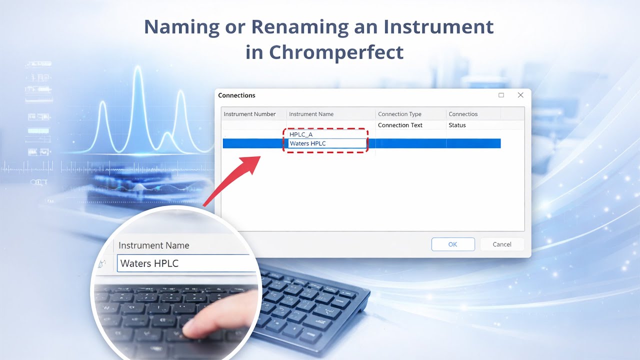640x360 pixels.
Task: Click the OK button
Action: [453, 244]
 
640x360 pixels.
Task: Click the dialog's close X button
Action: [520, 95]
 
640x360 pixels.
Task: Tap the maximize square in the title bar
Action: [501, 95]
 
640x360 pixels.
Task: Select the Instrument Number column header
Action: [249, 114]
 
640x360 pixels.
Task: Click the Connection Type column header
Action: [399, 114]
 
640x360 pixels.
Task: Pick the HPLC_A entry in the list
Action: [301, 134]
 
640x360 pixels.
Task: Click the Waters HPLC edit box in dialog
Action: [327, 143]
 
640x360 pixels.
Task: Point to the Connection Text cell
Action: [400, 125]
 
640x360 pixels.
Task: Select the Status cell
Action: [457, 125]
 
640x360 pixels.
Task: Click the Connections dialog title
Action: [236, 95]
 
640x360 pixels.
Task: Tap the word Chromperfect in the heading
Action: [335, 52]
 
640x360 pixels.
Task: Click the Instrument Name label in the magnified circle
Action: [153, 245]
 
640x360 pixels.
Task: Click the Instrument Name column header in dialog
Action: [311, 114]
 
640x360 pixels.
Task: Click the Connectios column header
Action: [463, 114]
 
